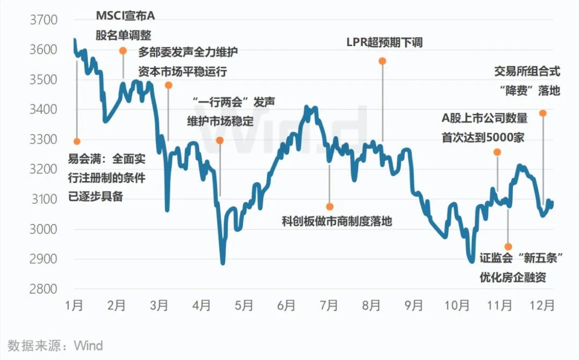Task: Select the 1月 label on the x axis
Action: click(x=74, y=306)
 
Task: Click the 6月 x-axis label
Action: click(x=286, y=306)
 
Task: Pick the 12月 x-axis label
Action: click(x=541, y=306)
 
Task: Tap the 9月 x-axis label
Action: click(x=414, y=306)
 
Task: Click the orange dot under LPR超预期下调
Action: click(x=382, y=61)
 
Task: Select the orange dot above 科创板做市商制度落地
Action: click(x=330, y=206)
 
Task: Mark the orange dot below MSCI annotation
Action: click(x=123, y=51)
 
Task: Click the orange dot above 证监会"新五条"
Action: click(x=508, y=246)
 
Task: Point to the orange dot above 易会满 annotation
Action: click(x=77, y=141)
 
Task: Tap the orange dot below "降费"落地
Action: click(x=543, y=113)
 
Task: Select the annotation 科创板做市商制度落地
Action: click(x=337, y=221)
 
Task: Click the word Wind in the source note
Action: click(x=88, y=346)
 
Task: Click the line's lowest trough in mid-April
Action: click(x=222, y=263)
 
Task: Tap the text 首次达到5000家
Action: click(x=482, y=138)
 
